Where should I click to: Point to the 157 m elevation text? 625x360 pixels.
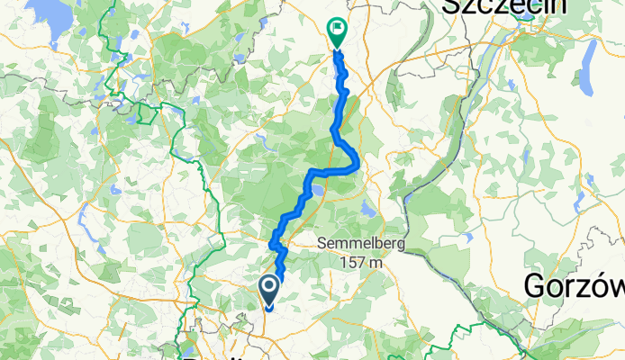pos(364,262)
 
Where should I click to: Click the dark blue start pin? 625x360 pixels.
pos(269,291)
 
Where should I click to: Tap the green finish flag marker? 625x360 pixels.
pos(337,32)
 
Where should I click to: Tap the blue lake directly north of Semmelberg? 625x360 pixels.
pos(367,208)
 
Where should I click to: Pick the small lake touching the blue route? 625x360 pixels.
pos(318,192)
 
